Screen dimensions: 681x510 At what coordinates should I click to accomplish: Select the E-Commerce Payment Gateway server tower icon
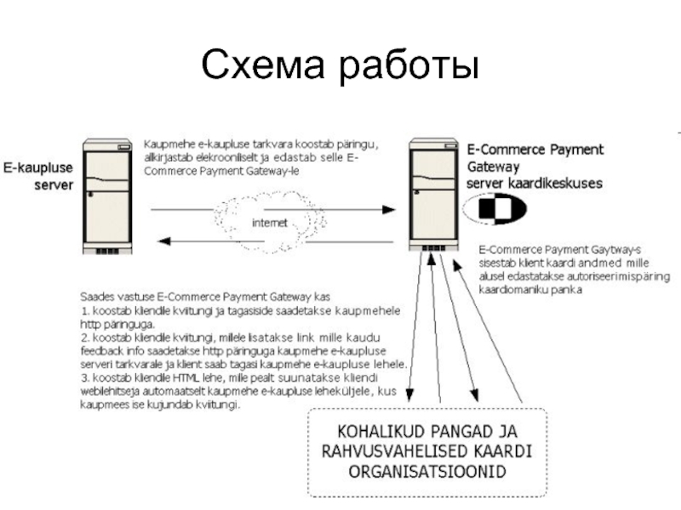[432, 193]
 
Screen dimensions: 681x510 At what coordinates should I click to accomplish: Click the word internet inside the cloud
[271, 224]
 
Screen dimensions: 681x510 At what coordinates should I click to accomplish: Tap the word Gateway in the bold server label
[494, 166]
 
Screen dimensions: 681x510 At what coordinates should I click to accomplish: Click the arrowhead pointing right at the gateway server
[394, 208]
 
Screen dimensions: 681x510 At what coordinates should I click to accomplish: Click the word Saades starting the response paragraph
[97, 297]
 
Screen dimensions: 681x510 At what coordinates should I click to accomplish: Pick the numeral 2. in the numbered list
[83, 337]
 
